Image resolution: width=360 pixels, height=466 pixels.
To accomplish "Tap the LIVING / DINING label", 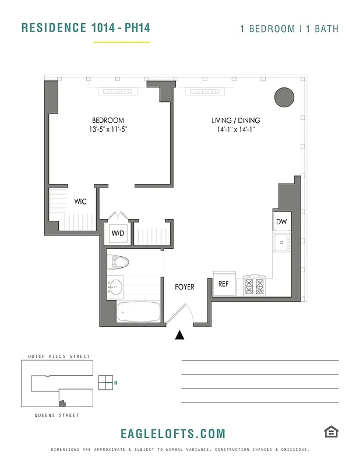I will coord(235,121).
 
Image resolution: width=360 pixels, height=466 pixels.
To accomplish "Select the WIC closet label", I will coord(80,202).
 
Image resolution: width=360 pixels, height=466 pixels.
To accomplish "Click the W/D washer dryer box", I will coord(118,234).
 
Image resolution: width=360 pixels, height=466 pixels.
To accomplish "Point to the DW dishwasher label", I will coord(281,222).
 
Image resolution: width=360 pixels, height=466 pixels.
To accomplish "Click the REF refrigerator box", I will coord(223,284).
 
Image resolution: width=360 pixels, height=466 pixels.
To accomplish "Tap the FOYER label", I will coord(185,287).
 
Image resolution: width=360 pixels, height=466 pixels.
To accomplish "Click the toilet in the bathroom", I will coord(120,262).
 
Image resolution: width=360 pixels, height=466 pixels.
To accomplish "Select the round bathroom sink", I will coord(115,287).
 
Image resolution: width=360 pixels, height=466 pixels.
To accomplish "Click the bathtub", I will coord(138,312).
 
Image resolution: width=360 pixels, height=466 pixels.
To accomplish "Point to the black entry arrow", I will coord(180,334).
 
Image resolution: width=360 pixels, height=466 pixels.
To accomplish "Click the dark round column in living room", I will coord(284,97).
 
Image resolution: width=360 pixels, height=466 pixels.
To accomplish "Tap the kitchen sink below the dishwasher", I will coord(281,242).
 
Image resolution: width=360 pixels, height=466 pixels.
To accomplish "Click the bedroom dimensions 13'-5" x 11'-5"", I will coord(104,130).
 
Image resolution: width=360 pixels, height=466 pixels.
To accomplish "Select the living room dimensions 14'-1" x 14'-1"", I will coord(235,130).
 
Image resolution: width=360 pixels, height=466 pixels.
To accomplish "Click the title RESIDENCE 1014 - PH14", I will coord(81,27).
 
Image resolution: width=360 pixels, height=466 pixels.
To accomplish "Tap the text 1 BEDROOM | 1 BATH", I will coord(290,29).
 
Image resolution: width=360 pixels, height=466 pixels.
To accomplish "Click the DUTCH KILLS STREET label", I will coord(59,356).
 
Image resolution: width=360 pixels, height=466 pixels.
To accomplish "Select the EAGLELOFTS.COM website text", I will coord(172,433).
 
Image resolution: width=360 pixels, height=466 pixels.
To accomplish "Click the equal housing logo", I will coord(331,432).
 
